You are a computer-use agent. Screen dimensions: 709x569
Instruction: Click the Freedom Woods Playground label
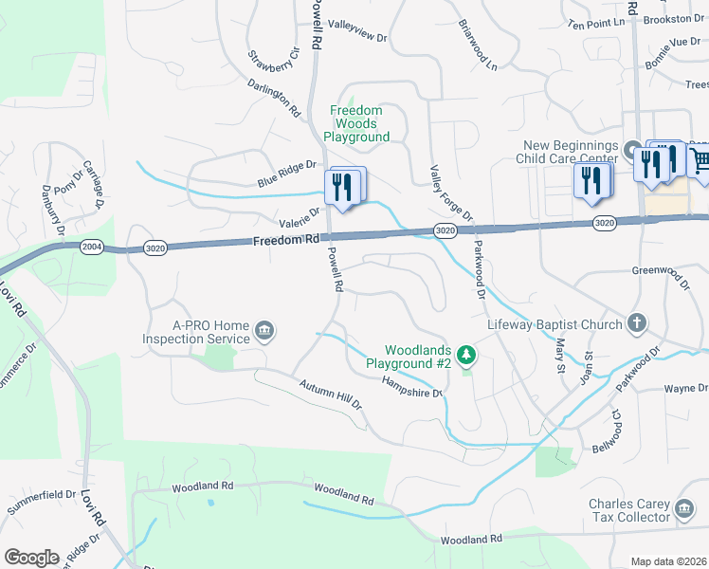click(x=356, y=124)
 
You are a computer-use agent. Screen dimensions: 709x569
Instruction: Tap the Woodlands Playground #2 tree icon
click(x=465, y=356)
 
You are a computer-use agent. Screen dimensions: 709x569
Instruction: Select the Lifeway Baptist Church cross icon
click(x=637, y=324)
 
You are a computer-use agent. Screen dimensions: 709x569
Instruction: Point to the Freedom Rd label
click(x=285, y=241)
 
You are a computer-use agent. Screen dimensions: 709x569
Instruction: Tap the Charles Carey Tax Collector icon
click(x=684, y=510)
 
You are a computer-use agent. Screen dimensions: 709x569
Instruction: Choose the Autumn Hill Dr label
click(x=331, y=395)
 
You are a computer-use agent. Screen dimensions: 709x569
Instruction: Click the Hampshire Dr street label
click(x=412, y=387)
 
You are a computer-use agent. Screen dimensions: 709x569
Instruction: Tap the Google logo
click(x=31, y=557)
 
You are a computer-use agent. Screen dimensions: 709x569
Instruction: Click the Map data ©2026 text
click(x=667, y=561)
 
